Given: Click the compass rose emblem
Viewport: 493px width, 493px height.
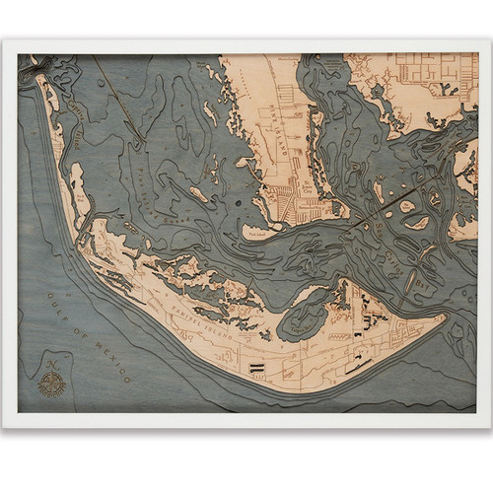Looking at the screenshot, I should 51,381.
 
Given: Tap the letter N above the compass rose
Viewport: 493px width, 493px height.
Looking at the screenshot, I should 51,364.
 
